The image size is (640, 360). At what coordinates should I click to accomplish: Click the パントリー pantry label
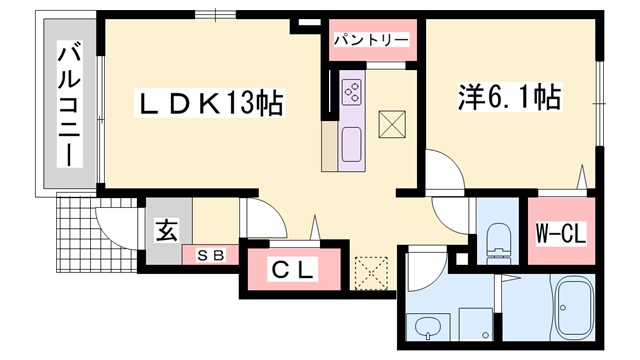point(369,39)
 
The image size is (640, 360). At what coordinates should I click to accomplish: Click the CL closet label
point(293,269)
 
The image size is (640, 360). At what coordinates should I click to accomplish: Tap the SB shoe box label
point(211,254)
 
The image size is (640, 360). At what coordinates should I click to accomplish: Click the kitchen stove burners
point(353,92)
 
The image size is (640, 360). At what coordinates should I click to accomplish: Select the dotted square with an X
point(370,271)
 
